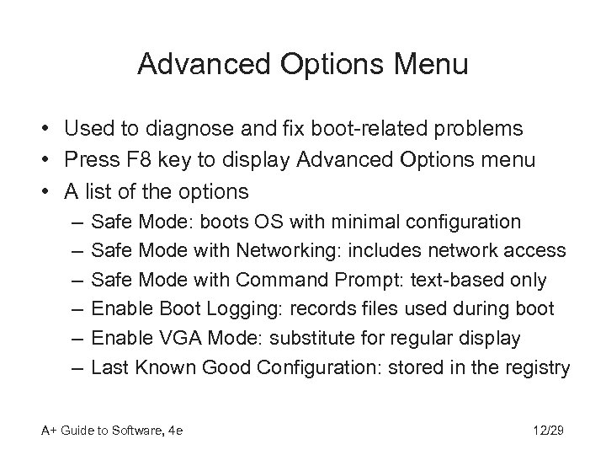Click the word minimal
click(x=365, y=222)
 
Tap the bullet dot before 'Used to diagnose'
click(x=40, y=130)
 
